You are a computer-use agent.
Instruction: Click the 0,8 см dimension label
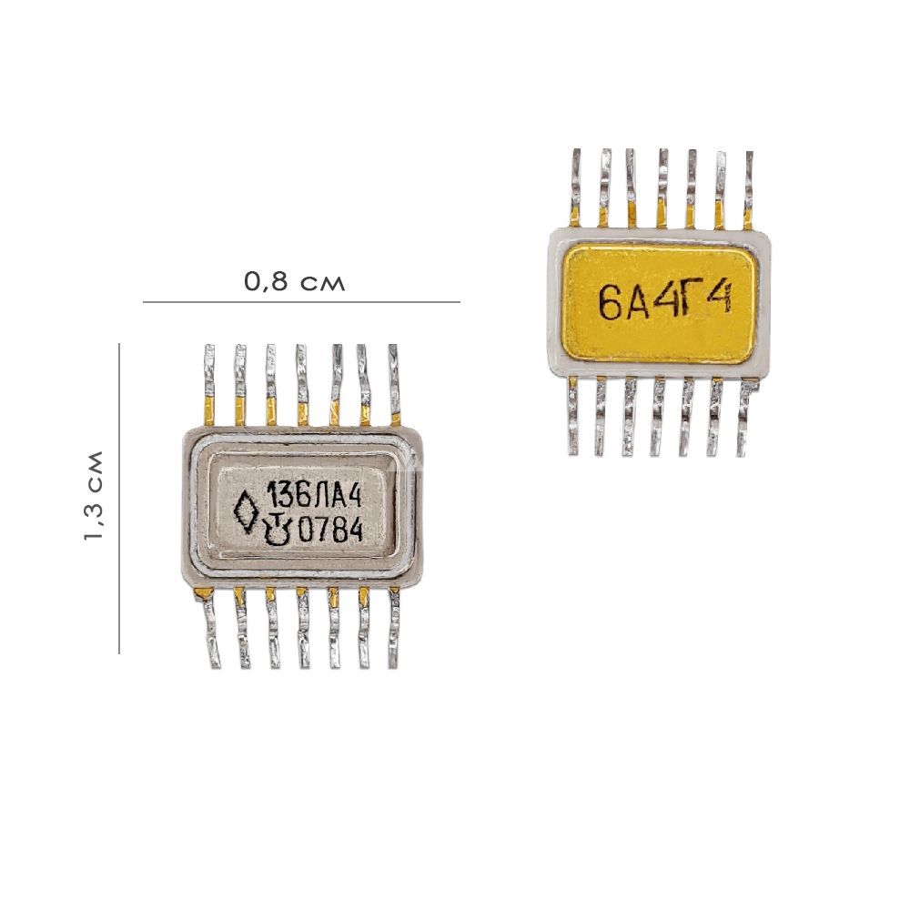pos(294,282)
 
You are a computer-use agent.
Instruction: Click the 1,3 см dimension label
pos(93,496)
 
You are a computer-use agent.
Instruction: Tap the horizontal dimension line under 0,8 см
pos(302,302)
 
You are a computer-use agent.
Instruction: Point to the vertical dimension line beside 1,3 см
pos(119,499)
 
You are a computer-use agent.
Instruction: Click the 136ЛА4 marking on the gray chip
pos(314,497)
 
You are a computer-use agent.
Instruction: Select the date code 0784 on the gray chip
pos(330,530)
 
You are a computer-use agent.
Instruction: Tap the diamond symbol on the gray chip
pos(246,513)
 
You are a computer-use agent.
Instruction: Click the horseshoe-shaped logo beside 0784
pos(276,530)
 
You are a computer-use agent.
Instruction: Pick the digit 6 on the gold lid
pos(610,304)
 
